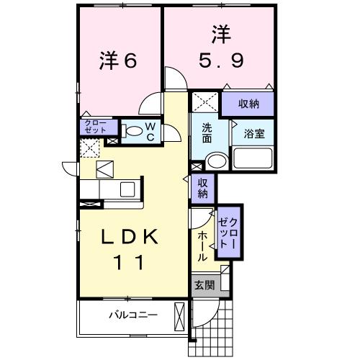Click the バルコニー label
tap(133, 315)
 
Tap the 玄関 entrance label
tap(204, 285)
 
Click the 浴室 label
tap(253, 133)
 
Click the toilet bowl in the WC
tap(132, 132)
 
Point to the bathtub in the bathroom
tap(253, 158)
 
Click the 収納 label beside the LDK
tap(204, 188)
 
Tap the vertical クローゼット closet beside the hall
tap(228, 231)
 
